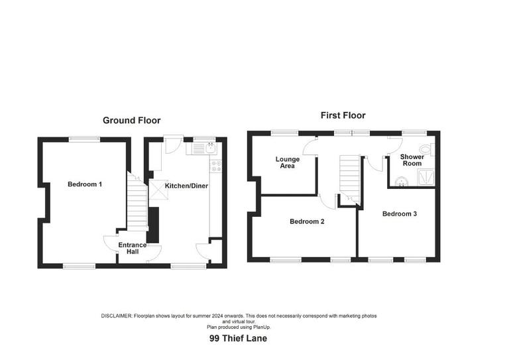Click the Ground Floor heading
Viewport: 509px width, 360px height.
pos(131,121)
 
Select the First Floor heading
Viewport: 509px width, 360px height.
pos(343,115)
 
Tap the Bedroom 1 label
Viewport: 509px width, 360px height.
pos(85,184)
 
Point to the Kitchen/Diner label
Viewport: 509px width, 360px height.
pos(186,186)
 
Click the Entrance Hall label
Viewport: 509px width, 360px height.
pos(133,249)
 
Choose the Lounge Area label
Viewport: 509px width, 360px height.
pos(288,162)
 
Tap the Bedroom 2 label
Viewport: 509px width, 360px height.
pos(307,221)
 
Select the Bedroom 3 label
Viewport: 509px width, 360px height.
pos(400,213)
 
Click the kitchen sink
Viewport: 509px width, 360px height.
pos(211,149)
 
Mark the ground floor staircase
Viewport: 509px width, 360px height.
pos(137,206)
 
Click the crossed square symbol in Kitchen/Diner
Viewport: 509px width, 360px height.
pos(158,192)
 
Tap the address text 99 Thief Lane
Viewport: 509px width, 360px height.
pos(238,338)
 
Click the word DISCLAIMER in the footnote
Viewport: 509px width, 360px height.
pos(117,316)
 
